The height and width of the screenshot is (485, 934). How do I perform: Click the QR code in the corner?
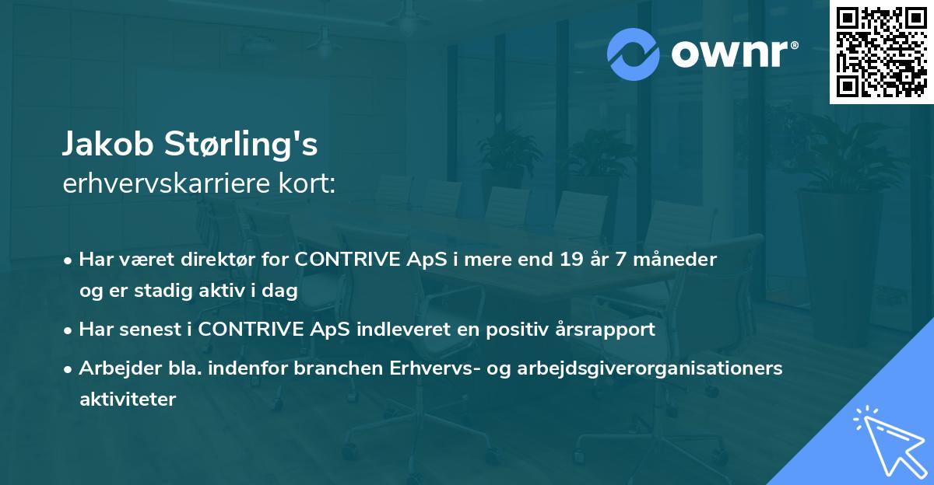point(881,52)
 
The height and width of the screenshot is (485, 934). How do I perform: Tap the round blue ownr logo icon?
point(634,54)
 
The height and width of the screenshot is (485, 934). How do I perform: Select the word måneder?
point(680,260)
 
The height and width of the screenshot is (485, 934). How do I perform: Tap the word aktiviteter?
point(128,399)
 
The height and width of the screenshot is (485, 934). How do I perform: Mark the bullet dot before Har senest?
point(69,330)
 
